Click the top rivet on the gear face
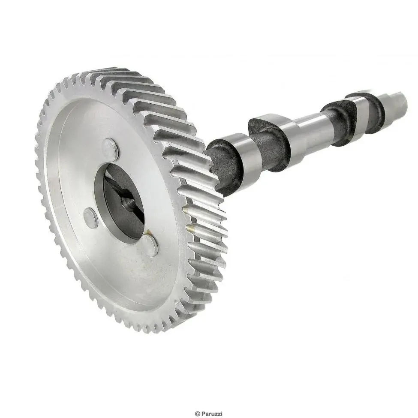(110, 150)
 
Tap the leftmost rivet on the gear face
(90, 218)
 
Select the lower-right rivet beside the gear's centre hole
(150, 245)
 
